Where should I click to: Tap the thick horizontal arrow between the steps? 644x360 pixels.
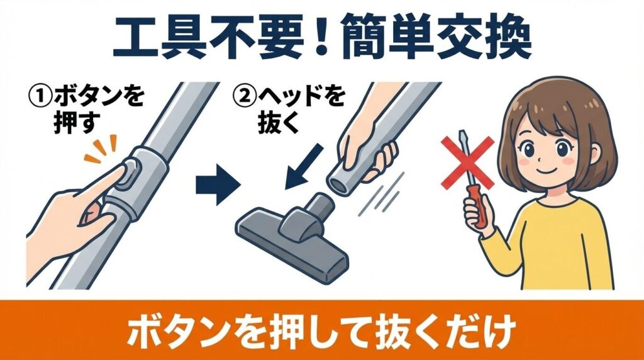click(218, 184)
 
